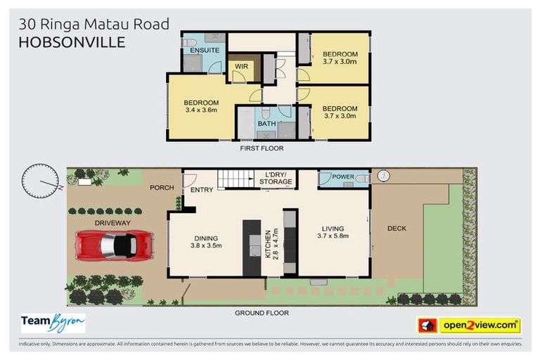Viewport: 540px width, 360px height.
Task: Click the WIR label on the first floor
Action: [x=241, y=67]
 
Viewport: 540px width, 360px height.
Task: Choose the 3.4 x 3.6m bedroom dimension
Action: [x=201, y=110]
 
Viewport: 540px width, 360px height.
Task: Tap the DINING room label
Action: [x=206, y=238]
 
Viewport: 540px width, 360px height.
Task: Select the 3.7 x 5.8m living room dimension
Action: [x=333, y=236]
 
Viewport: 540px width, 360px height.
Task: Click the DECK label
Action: [x=397, y=229]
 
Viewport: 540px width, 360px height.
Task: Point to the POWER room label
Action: [x=342, y=177]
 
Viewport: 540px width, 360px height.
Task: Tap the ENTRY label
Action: [x=201, y=190]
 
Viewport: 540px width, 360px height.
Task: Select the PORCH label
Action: [x=162, y=188]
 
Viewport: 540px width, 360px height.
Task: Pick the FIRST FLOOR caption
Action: [x=262, y=148]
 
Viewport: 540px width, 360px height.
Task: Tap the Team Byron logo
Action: [x=53, y=323]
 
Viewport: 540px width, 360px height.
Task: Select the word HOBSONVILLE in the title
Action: [x=72, y=42]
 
